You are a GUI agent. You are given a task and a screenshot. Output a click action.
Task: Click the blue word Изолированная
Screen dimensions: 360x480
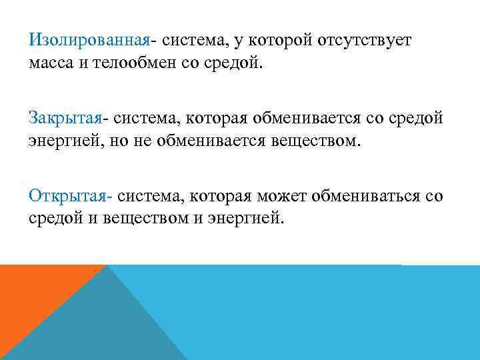click(x=89, y=41)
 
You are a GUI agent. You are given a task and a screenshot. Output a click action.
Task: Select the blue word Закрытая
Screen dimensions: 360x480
click(x=65, y=119)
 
